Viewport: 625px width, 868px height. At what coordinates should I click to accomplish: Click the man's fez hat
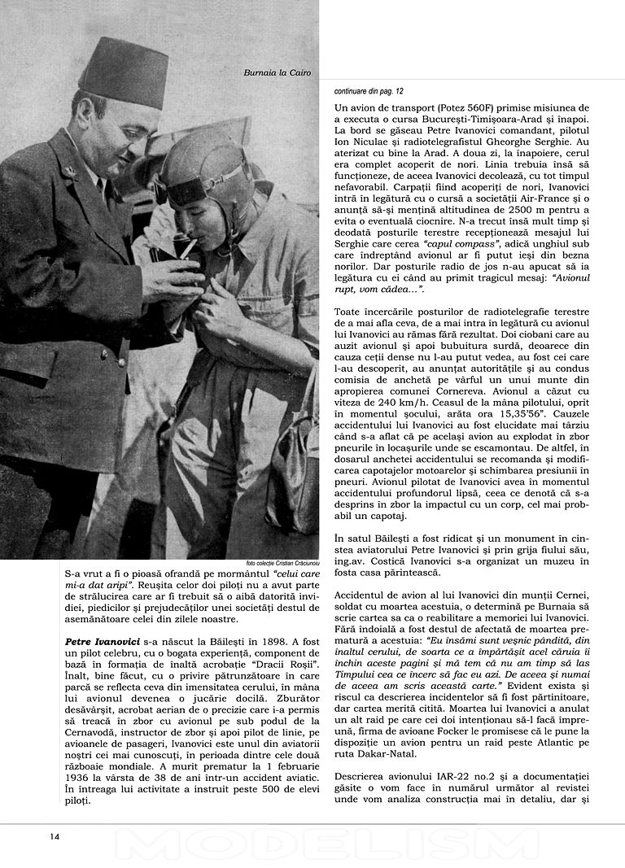click(x=124, y=72)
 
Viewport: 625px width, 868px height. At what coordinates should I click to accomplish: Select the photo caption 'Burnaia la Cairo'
click(x=277, y=73)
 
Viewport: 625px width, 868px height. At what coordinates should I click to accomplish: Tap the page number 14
click(x=55, y=835)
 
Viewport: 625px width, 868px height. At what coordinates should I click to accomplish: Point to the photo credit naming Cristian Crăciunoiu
click(x=282, y=563)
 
